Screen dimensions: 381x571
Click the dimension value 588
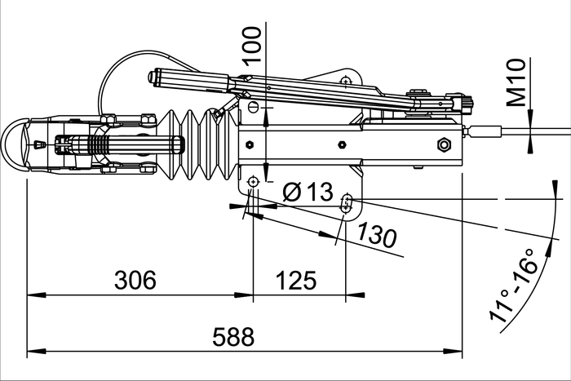[233, 335]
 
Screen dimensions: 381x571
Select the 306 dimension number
[135, 281]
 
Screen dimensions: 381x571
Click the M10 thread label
[516, 82]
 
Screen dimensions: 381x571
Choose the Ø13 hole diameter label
[308, 193]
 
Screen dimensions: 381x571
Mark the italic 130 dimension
[376, 235]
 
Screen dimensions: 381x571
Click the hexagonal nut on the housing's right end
[445, 145]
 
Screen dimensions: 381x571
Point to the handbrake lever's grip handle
[188, 79]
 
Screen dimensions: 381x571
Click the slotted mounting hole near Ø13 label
[347, 202]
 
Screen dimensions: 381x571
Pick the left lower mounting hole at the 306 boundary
[253, 180]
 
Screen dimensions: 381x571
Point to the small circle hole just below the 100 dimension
[253, 107]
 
